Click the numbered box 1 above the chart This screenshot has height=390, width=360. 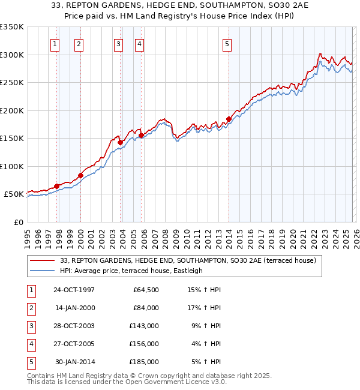(x=55, y=43)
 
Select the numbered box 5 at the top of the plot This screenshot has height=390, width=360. (x=227, y=43)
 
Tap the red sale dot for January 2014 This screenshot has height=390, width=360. (x=229, y=119)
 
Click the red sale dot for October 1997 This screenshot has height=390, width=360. (x=57, y=186)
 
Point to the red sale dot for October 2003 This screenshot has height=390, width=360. (x=121, y=142)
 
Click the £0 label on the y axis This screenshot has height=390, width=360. (x=18, y=223)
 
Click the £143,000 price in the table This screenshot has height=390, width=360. (x=144, y=326)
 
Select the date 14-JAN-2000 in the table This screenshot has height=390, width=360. (x=74, y=308)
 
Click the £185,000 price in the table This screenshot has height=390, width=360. (x=144, y=362)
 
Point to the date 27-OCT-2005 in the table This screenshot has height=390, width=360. (x=74, y=344)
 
